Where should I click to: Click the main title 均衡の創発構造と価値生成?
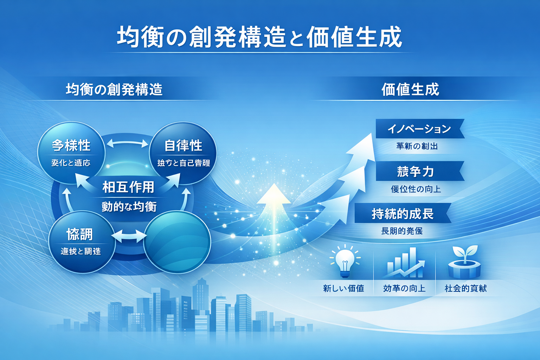(x=259, y=37)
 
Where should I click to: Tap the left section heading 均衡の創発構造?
(x=114, y=89)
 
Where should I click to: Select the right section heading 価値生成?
(x=410, y=89)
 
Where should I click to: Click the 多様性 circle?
(x=71, y=152)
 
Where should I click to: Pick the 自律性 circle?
(x=183, y=152)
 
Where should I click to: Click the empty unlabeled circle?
(x=178, y=242)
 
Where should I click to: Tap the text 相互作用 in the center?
(x=128, y=187)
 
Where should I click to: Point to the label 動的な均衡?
(x=129, y=206)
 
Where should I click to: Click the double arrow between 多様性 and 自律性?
(x=127, y=143)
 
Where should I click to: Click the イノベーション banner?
(x=419, y=129)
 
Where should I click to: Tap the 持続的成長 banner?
(x=403, y=213)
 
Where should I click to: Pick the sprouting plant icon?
(x=465, y=262)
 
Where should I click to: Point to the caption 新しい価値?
(x=343, y=288)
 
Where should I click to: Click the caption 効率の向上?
(x=404, y=288)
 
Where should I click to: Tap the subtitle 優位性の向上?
(x=416, y=189)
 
